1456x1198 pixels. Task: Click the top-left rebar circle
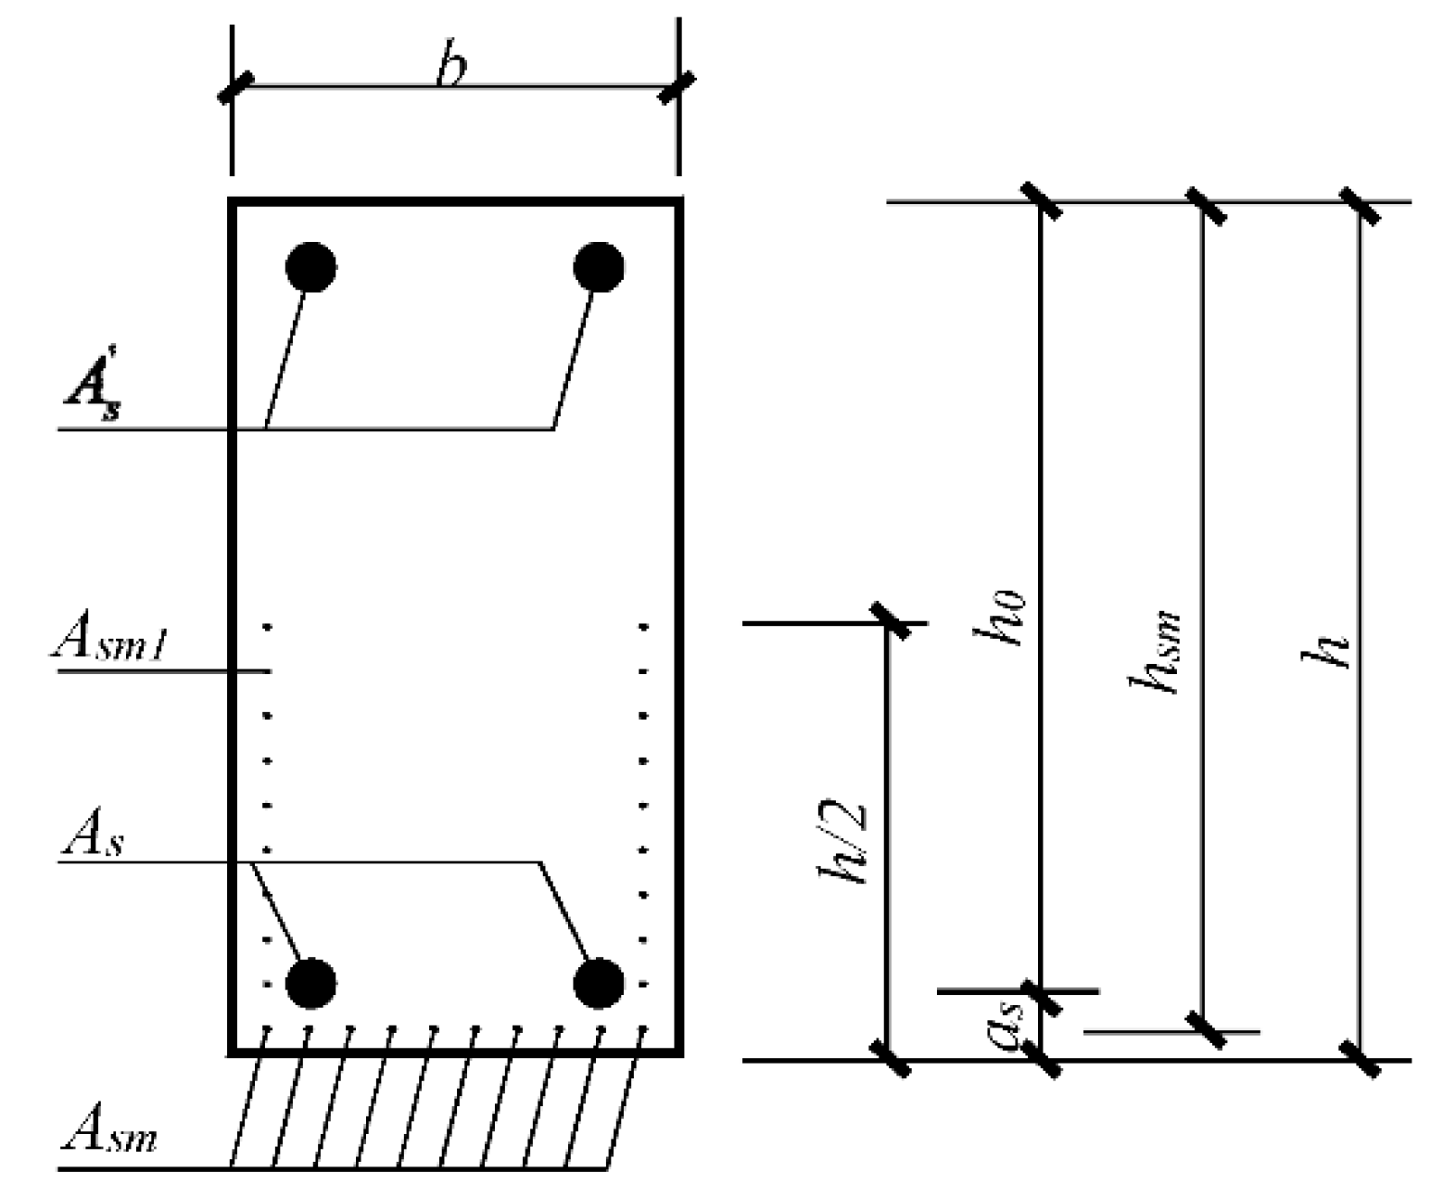310,267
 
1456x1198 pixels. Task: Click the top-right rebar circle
599,267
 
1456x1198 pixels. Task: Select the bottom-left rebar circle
310,983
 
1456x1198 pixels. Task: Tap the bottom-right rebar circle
599,983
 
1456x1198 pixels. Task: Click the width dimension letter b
451,67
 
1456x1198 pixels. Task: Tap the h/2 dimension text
842,844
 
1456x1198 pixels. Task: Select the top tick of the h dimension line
1360,204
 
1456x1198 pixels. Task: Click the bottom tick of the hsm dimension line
1204,1030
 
